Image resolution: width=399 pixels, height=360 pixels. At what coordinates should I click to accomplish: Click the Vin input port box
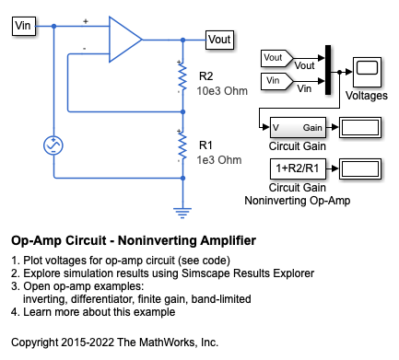[24, 26]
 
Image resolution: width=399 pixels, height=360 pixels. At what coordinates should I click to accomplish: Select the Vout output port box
[219, 40]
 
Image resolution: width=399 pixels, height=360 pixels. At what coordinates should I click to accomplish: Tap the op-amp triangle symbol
[125, 40]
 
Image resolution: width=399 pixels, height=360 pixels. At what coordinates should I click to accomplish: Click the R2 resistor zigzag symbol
[182, 77]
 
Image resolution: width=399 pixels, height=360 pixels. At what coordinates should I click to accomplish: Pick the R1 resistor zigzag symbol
[182, 145]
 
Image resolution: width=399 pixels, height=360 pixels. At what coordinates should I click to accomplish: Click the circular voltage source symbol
[53, 145]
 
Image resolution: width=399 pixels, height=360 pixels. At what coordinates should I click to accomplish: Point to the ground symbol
[182, 213]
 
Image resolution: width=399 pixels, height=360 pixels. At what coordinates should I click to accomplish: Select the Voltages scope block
[367, 72]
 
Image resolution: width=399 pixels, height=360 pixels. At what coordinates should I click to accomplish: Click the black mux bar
[328, 70]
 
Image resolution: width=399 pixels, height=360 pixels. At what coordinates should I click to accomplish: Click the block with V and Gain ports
[298, 127]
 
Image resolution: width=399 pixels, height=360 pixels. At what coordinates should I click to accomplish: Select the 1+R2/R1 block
[298, 168]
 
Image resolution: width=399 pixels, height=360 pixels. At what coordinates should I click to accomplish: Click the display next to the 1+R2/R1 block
[360, 168]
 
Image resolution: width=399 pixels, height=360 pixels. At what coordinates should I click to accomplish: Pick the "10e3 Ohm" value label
[222, 91]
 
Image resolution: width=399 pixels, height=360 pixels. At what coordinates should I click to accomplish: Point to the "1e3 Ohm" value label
[219, 160]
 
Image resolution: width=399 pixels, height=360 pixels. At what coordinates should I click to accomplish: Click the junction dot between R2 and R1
[182, 111]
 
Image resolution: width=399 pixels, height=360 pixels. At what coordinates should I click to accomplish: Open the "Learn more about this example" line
[100, 312]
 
